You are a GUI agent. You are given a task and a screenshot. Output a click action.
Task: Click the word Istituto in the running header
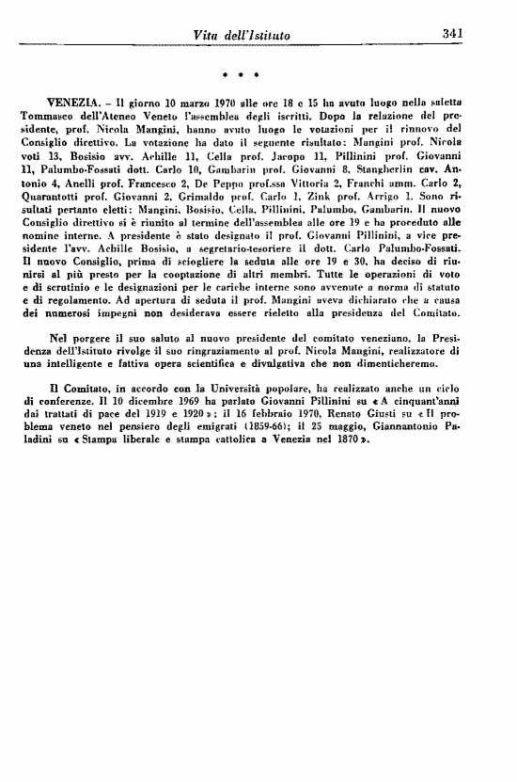coord(265,35)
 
